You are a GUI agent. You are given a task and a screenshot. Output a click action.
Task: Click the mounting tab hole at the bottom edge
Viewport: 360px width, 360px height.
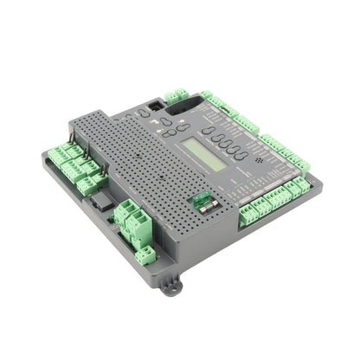coord(170,286)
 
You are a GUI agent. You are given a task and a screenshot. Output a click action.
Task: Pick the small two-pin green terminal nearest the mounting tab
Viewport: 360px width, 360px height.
coord(147,254)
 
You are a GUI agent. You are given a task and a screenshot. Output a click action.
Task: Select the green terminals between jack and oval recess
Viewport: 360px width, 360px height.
coord(179,94)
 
